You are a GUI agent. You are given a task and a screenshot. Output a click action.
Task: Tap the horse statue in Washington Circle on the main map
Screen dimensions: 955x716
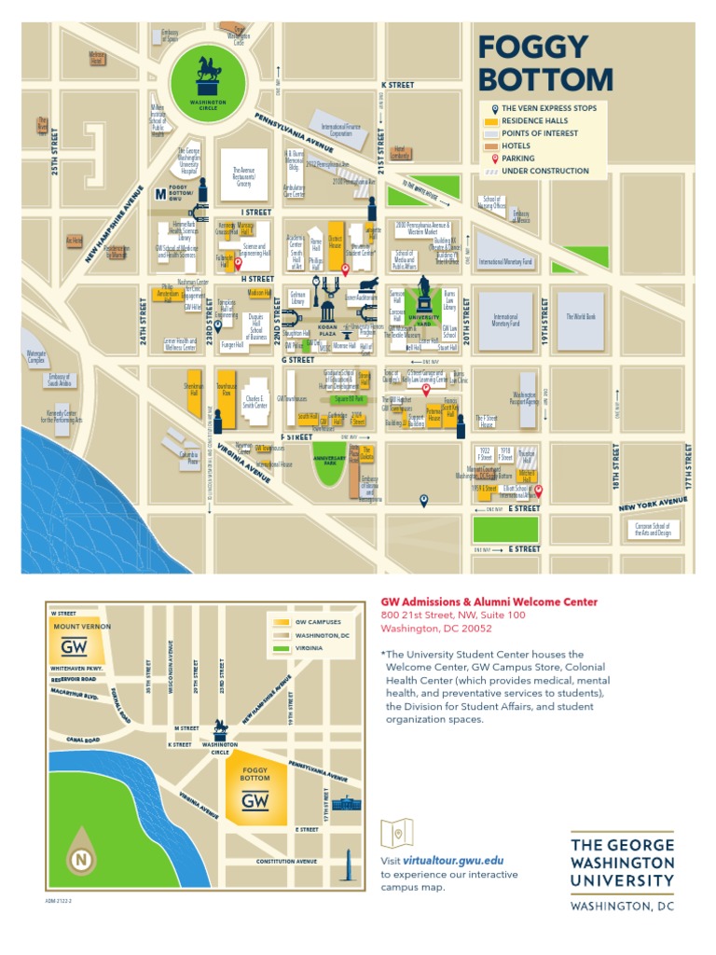209,73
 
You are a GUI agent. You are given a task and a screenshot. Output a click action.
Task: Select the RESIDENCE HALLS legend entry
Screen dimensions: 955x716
535,121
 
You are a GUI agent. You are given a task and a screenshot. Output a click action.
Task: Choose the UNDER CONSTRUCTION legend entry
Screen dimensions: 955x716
544,172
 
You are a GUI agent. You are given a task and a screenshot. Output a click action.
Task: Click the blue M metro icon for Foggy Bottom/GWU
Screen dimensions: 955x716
159,194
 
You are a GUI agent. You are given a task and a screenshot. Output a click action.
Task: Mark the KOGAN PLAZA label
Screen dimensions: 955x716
327,333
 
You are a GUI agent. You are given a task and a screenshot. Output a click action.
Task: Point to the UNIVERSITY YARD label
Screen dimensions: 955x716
424,319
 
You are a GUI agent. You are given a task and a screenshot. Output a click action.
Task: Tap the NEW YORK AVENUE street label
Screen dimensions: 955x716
653,505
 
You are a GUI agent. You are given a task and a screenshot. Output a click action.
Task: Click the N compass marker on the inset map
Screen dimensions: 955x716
82,858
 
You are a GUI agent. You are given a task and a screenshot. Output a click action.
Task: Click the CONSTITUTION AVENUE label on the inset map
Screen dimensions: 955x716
287,861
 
